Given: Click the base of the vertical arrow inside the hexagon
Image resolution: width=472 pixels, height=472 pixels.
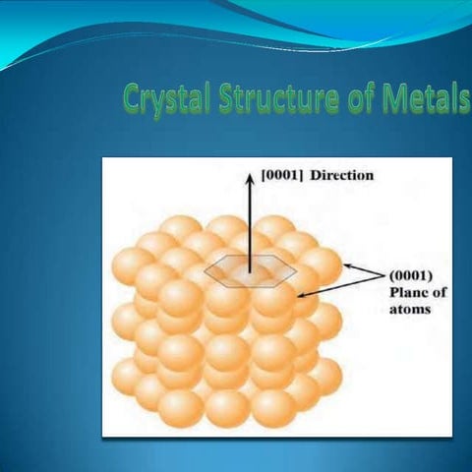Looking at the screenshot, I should (251, 271).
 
